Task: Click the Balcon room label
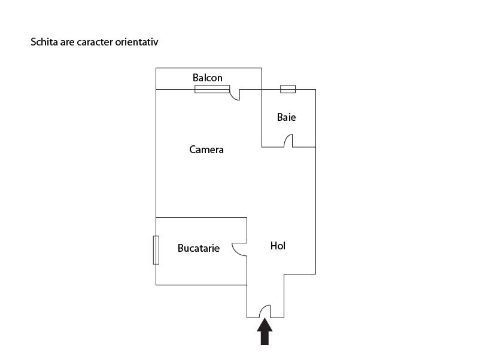point(207,78)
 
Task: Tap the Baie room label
point(286,117)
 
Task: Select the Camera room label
point(206,150)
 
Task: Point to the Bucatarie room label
point(198,248)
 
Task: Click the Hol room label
point(278,246)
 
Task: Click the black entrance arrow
point(265,331)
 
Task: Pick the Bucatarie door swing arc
point(235,252)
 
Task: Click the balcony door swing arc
point(233,97)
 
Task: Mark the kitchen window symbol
point(156,250)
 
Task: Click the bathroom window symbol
point(288,89)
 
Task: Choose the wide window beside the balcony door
point(212,89)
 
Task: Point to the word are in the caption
point(67,42)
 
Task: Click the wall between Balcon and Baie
point(262,78)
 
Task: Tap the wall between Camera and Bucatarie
point(202,218)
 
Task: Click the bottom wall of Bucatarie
point(202,285)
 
